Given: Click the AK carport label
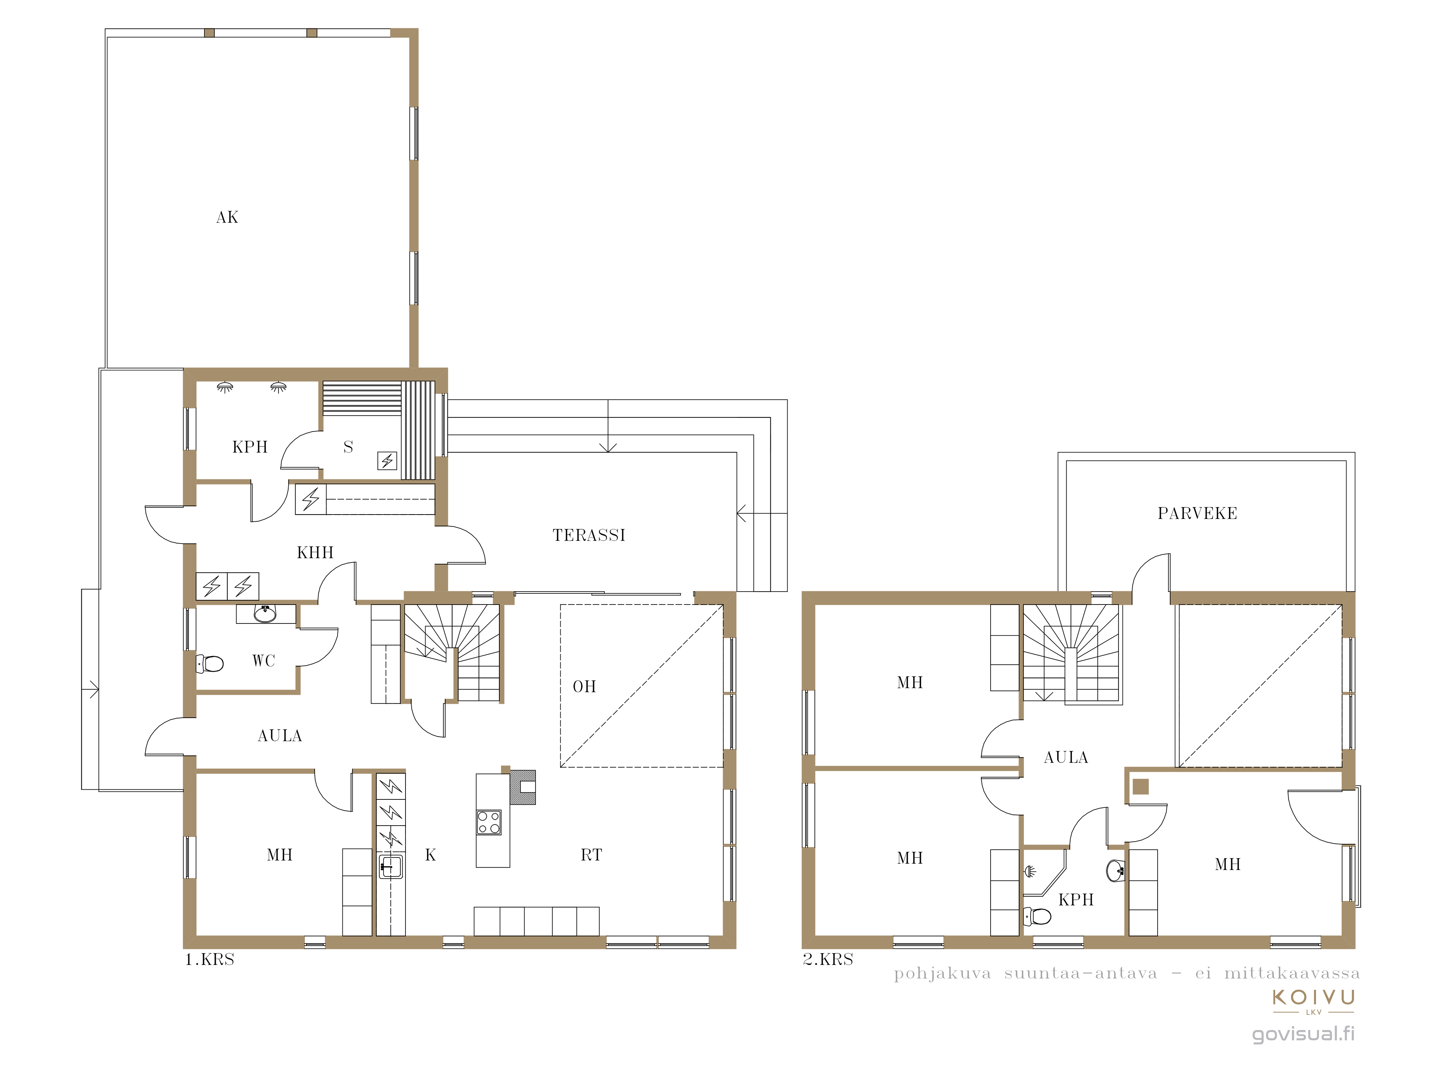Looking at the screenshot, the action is [227, 217].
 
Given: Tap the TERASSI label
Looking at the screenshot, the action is [589, 535].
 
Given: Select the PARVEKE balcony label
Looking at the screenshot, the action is [1197, 513].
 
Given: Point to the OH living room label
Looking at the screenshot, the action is [584, 686].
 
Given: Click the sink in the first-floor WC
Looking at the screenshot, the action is [265, 613].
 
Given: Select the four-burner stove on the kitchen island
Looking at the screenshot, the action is [489, 822].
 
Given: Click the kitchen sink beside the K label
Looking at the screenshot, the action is [390, 866].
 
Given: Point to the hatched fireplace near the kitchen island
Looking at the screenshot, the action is [523, 787].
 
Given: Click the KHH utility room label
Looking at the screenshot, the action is [315, 553].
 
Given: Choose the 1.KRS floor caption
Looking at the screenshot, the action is [209, 960].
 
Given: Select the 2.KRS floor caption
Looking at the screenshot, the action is [828, 960].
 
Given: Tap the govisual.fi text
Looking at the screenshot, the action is [1303, 1033].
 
